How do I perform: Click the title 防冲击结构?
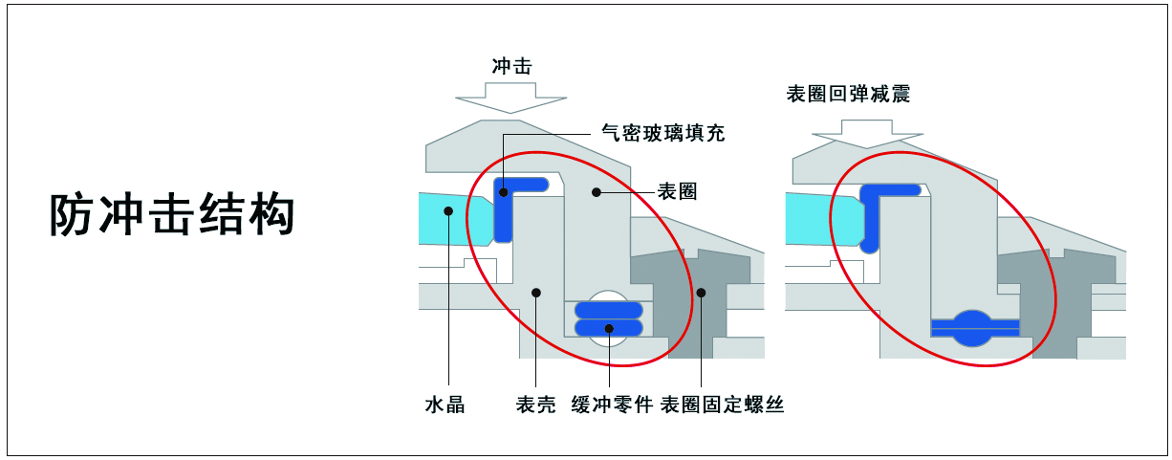point(172,215)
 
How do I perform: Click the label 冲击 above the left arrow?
point(510,67)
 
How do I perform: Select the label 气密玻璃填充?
point(663,133)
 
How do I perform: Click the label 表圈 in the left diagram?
point(677,191)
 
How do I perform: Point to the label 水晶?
point(445,405)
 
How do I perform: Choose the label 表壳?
point(535,405)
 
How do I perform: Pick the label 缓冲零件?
point(612,405)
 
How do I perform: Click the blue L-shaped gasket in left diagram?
point(505,215)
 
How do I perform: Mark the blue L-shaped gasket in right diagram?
point(872,215)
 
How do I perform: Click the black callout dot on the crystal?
point(447,208)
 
